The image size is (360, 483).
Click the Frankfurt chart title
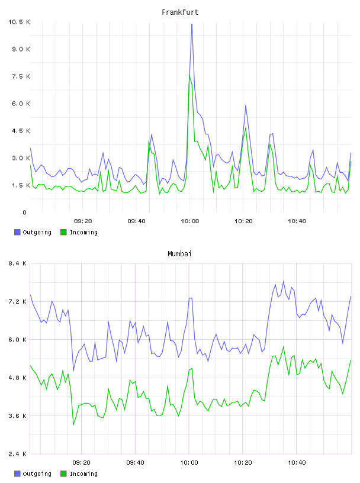point(180,12)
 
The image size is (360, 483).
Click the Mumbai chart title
point(179,254)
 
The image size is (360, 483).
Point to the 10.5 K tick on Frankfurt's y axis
point(19,22)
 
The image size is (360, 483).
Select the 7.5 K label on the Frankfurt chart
point(21,76)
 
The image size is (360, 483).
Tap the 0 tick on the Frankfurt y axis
point(24,212)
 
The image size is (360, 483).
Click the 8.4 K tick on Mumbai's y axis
point(17,263)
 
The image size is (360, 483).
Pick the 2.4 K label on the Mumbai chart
point(17,454)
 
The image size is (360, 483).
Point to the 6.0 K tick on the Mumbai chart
point(17,339)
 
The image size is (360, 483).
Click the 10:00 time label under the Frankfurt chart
point(190,221)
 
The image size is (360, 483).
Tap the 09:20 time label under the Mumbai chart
point(81,463)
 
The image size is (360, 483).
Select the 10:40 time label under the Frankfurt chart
point(297,221)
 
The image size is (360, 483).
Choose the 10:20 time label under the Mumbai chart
point(243,463)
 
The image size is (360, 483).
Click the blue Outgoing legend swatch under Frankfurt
point(17,232)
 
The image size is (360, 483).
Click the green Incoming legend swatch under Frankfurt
point(63,232)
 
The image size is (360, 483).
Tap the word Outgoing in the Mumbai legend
point(37,474)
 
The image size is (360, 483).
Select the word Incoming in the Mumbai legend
point(83,474)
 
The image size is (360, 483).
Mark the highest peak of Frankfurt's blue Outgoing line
point(192,24)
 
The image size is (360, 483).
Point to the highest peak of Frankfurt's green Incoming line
point(189,75)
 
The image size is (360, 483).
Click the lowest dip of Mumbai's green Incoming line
point(73,425)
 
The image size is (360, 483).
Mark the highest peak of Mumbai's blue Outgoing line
point(284,281)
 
